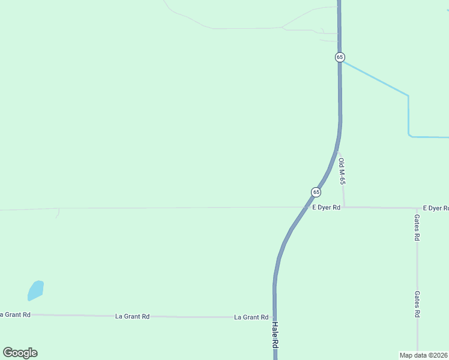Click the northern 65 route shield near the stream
coord(340,57)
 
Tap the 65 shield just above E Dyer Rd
coord(316,192)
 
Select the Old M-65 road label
coord(342,172)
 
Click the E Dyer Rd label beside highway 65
coord(326,208)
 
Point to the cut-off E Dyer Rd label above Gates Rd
coord(435,208)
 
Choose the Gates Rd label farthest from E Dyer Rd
coord(417,304)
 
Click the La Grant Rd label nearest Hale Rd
coord(251,317)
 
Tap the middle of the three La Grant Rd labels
coord(132,316)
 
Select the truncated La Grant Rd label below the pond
coord(15,314)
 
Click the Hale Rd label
coord(276,335)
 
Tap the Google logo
coord(20,353)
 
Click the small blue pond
coord(35,290)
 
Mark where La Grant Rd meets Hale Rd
coord(274,317)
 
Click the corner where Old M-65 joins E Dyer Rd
coord(344,207)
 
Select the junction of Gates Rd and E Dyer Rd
coord(417,208)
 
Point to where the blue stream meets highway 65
coord(341,60)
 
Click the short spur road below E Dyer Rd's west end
coord(58,212)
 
